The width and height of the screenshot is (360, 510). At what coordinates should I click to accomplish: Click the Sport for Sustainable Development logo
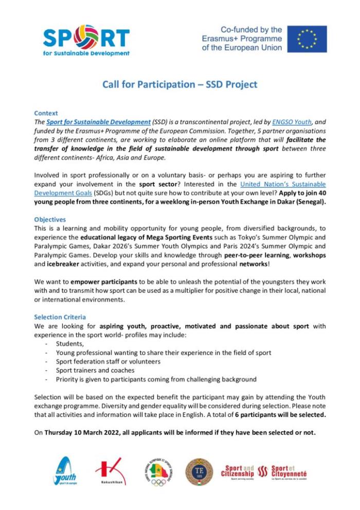(86, 40)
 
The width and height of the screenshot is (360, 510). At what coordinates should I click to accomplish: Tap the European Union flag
(307, 39)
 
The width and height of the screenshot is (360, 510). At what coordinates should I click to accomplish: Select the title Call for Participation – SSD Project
(179, 84)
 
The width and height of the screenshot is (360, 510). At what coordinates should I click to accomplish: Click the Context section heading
(46, 113)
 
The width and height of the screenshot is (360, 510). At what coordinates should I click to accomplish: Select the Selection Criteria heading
(60, 317)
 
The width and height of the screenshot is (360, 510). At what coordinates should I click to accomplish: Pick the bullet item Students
(70, 343)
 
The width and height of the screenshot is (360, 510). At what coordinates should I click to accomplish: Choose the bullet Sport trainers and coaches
(95, 370)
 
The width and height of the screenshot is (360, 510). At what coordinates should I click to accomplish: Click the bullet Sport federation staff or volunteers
(108, 361)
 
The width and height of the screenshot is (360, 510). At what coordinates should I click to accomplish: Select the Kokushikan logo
(110, 471)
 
